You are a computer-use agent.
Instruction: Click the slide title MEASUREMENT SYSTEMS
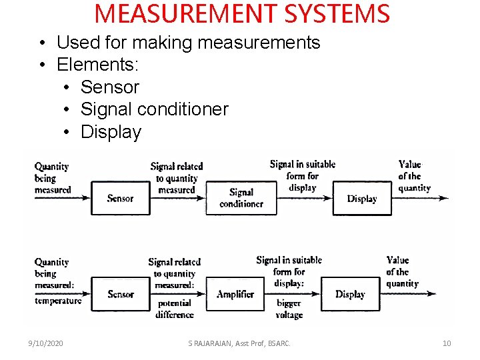pos(242,14)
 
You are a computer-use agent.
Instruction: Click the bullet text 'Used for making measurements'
pos(188,43)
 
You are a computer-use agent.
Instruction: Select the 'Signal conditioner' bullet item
pos(154,109)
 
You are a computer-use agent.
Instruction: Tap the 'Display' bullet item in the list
pos(111,132)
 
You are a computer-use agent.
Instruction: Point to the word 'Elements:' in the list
pos(98,65)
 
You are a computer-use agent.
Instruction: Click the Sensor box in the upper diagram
pos(120,198)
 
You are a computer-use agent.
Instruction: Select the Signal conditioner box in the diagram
pos(241,198)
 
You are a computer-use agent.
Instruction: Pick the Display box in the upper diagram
pos(361,198)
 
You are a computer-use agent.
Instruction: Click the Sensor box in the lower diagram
pos(120,294)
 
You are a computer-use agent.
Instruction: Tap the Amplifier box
pos(235,294)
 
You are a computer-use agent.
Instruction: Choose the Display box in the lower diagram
pos(350,294)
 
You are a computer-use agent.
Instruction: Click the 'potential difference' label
pos(174,309)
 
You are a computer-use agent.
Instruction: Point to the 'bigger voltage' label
pos(289,309)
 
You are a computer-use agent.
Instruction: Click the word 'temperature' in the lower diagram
pos(58,301)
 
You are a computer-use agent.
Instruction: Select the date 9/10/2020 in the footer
pos(46,343)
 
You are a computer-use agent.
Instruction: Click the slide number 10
pos(447,343)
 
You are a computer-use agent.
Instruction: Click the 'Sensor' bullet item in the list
pos(109,87)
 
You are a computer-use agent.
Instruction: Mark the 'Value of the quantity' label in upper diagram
pos(414,176)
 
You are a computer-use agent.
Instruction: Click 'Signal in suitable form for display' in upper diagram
pos(303,175)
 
